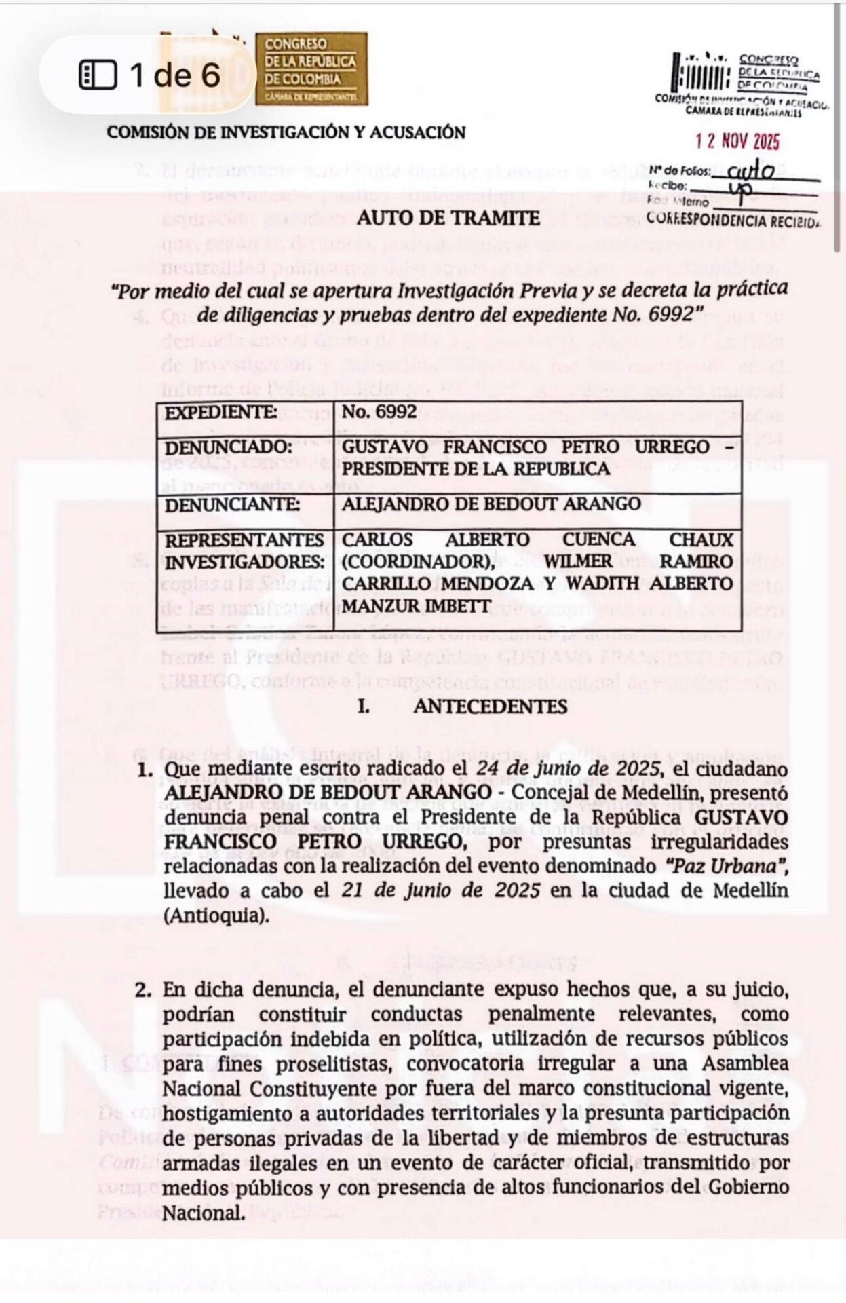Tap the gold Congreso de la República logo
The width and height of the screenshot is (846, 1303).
311,69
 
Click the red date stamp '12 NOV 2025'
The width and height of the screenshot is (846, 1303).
737,141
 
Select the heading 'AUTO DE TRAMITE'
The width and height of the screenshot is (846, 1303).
448,218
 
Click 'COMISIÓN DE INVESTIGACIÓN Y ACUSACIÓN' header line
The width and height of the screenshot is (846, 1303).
286,132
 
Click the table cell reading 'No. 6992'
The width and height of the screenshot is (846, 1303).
379,413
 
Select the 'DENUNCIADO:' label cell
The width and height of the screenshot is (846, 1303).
228,448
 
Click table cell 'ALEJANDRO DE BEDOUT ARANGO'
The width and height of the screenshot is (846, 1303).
491,504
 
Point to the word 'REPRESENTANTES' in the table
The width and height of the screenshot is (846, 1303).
245,540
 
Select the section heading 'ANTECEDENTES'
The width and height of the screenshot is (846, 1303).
490,706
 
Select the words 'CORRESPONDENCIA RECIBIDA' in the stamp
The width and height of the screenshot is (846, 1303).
733,221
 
